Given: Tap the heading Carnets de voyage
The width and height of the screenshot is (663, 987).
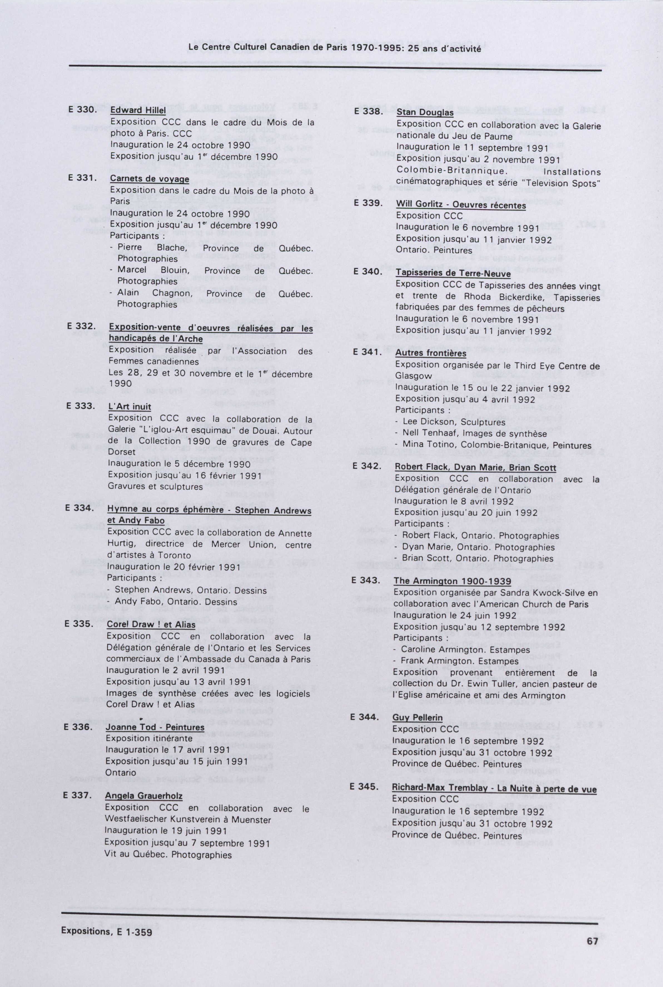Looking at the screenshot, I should click(x=149, y=179).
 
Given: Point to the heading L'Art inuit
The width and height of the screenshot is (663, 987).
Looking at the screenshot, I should click(x=129, y=407).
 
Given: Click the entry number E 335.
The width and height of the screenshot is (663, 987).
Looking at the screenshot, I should click(x=78, y=624).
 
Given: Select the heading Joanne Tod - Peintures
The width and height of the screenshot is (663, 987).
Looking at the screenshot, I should click(x=155, y=727).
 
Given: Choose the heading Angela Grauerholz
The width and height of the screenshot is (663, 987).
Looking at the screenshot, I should click(x=144, y=796).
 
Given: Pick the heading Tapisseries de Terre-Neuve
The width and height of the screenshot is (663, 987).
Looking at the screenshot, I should click(x=453, y=273).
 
